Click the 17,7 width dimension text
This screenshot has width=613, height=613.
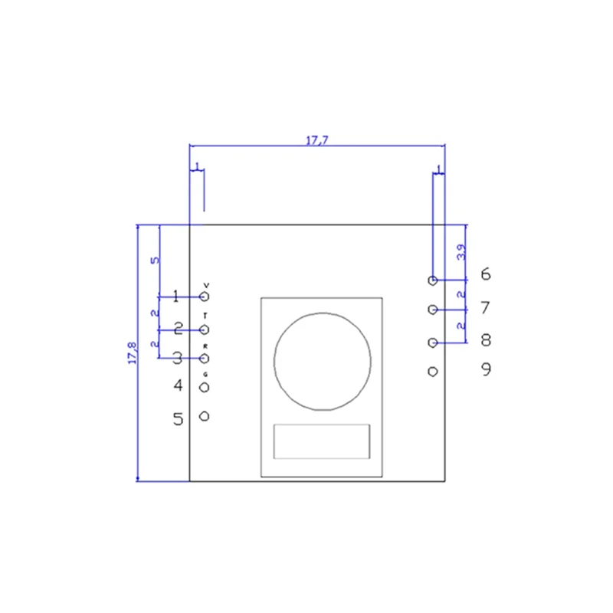click(316, 139)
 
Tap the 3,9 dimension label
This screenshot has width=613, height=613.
click(461, 252)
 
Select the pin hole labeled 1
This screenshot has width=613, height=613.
click(205, 296)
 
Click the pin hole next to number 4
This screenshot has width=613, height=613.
click(205, 387)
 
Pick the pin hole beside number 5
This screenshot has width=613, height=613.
click(205, 416)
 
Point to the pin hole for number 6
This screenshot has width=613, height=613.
click(433, 280)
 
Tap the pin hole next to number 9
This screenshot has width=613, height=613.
click(433, 372)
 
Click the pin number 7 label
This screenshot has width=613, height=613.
click(485, 308)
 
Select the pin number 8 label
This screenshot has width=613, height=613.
click(485, 339)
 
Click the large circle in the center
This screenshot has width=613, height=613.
click(322, 360)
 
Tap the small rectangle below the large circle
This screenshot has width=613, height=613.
click(322, 442)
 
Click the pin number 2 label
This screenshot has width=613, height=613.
click(178, 329)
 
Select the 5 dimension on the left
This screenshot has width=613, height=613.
click(156, 261)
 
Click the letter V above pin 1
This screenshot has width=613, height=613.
click(205, 284)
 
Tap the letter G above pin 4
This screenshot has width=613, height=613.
click(205, 374)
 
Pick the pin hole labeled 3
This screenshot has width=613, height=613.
click(205, 358)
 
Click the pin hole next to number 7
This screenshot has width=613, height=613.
click(433, 310)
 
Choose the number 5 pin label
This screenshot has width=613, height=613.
click(178, 419)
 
